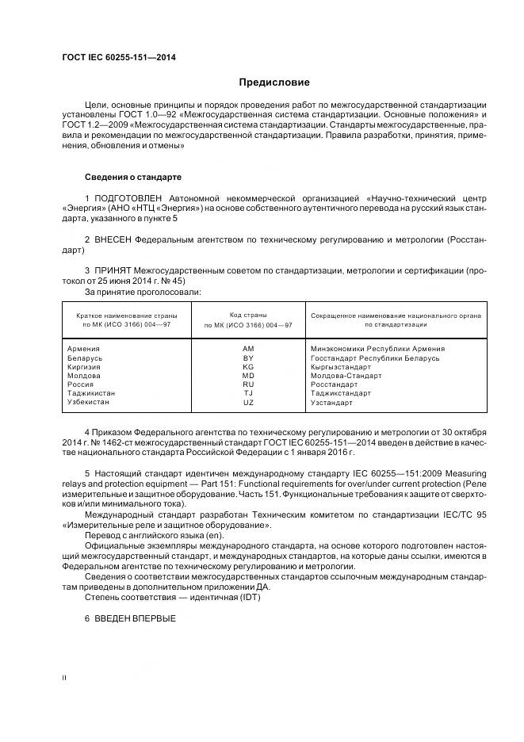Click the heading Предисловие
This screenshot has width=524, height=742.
[x=274, y=82]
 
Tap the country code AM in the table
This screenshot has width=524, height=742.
[x=248, y=349]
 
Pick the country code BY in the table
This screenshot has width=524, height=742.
[x=248, y=358]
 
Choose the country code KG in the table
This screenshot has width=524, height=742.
[x=248, y=366]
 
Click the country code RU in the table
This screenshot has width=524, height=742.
[x=248, y=384]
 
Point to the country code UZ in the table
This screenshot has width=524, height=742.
[x=248, y=403]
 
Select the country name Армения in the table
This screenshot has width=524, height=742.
[x=84, y=349]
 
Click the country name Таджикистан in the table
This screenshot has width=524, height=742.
[x=91, y=393]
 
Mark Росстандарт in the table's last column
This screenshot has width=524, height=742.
[x=335, y=384]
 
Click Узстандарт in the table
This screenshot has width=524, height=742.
[x=332, y=403]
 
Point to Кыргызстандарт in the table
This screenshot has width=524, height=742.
[x=341, y=366]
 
